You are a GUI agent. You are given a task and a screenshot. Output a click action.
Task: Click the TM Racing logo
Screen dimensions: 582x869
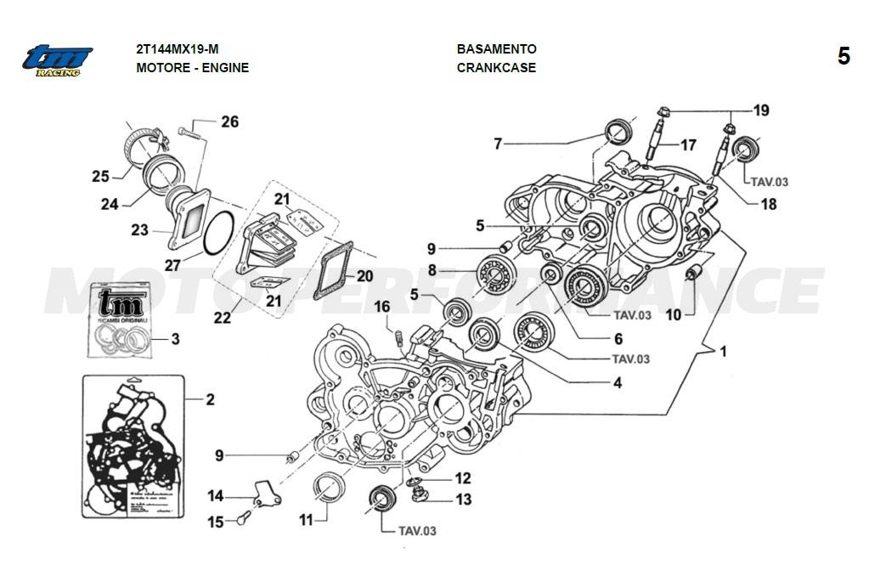(57, 60)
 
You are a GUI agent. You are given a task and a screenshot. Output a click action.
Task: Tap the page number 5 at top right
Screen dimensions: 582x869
(843, 57)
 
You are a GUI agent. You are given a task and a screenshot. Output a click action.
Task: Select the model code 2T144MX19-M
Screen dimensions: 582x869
(183, 49)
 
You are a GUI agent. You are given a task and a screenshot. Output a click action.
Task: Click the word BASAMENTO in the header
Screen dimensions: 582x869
(496, 49)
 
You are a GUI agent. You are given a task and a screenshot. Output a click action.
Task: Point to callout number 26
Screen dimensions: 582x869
(229, 122)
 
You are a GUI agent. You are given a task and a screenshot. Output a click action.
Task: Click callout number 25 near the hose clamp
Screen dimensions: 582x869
(101, 177)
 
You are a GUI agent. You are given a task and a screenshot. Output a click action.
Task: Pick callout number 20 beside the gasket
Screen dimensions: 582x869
(364, 276)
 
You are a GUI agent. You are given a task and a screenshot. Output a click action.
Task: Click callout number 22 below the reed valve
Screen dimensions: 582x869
(222, 319)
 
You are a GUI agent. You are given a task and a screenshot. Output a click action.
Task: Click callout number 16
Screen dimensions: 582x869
(382, 306)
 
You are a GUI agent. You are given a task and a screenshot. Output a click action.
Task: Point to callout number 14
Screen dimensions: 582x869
(216, 496)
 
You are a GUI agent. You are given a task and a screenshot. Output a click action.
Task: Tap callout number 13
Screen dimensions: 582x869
(463, 500)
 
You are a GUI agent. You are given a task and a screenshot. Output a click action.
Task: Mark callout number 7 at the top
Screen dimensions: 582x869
(498, 144)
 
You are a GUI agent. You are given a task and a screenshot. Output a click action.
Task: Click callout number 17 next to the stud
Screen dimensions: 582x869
(688, 144)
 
